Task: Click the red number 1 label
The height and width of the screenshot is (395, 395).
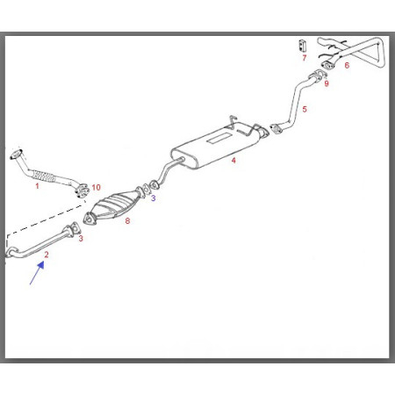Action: pyautogui.click(x=37, y=186)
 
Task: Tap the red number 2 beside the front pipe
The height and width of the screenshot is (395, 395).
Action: pyautogui.click(x=47, y=255)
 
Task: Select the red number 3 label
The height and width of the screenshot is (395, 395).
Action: pyautogui.click(x=81, y=239)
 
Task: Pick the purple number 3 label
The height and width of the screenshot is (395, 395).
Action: pyautogui.click(x=154, y=198)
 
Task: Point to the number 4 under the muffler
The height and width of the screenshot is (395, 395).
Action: pyautogui.click(x=233, y=161)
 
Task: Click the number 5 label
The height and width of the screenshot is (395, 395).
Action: pyautogui.click(x=305, y=110)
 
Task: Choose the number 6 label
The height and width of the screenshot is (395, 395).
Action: pyautogui.click(x=347, y=65)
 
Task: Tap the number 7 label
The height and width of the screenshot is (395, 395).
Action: pyautogui.click(x=305, y=58)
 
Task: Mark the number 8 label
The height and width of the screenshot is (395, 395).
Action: pyautogui.click(x=127, y=221)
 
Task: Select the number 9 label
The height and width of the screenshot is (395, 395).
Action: pyautogui.click(x=327, y=83)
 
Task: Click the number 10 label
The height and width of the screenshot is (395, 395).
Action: pyautogui.click(x=97, y=187)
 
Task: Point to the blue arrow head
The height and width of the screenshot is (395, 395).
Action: pyautogui.click(x=41, y=265)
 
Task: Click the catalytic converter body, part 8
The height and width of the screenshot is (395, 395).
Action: pyautogui.click(x=115, y=205)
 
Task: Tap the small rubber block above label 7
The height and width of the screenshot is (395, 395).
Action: pyautogui.click(x=302, y=45)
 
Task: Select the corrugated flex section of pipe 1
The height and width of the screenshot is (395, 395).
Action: pyautogui.click(x=44, y=176)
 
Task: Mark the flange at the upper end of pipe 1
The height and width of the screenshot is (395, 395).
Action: pyautogui.click(x=17, y=154)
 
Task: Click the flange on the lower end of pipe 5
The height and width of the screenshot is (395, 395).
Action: pyautogui.click(x=275, y=129)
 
